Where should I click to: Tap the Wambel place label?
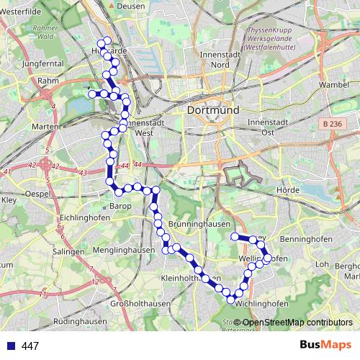pyautogui.click(x=333, y=84)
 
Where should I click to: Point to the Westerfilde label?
pyautogui.click(x=22, y=12)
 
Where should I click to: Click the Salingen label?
pyautogui.click(x=68, y=253)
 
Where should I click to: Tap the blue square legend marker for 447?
pyautogui.click(x=12, y=346)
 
